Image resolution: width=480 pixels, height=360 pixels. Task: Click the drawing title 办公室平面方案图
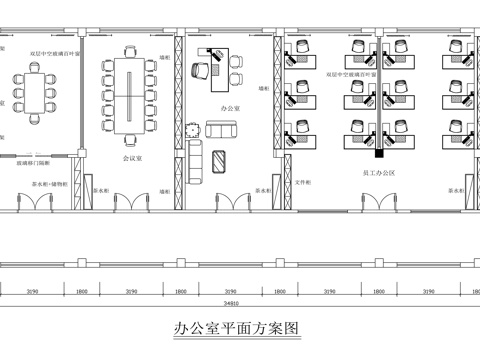coord(236,327)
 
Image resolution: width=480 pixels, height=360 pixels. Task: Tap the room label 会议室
coord(132,157)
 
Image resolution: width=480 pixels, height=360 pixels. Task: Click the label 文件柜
coord(302,183)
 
